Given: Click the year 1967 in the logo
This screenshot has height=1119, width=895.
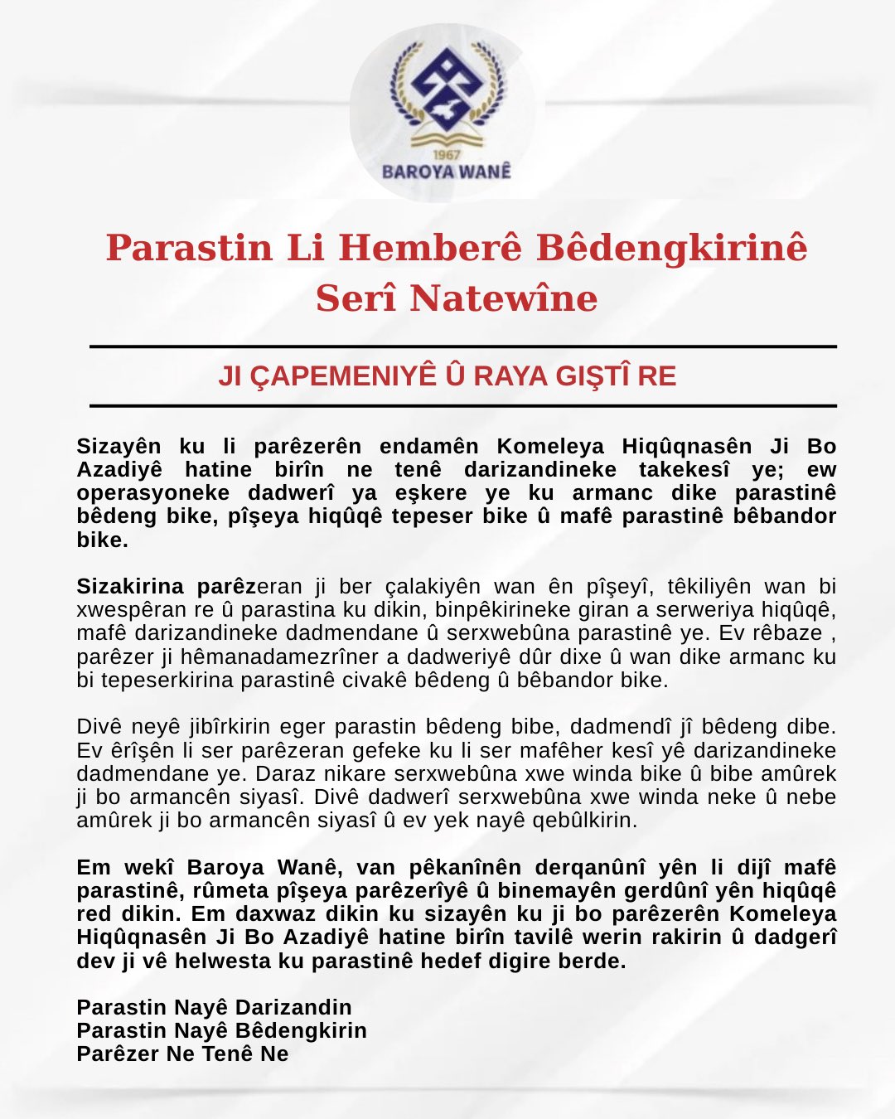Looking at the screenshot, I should point(446,155).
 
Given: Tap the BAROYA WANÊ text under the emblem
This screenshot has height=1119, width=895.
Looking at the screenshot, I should point(446,172).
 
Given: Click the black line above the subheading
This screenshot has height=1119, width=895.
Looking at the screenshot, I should point(462,346).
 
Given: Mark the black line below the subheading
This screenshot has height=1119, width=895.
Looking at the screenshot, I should point(462,406).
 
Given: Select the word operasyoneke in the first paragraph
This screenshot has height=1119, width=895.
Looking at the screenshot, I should point(153,493).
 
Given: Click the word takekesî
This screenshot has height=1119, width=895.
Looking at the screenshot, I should point(685,470).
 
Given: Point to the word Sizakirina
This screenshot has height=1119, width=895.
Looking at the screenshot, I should point(130,587).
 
